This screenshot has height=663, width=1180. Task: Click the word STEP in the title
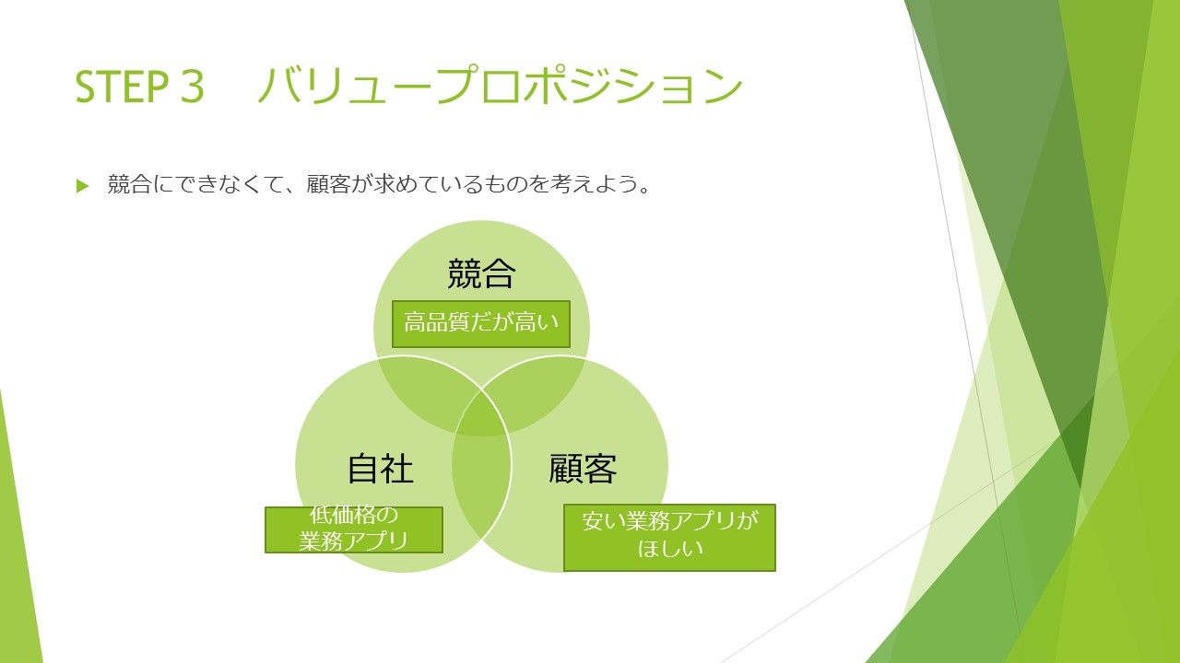[x=122, y=87]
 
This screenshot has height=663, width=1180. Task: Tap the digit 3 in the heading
[x=193, y=87]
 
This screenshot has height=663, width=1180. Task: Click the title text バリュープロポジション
[x=501, y=85]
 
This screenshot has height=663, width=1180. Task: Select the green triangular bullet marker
[x=82, y=186]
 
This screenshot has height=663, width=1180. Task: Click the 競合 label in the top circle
[x=481, y=273]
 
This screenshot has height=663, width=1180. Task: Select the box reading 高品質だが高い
[x=481, y=324]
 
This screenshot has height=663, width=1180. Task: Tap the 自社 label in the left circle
[x=381, y=469]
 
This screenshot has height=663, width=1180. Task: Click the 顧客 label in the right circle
[x=583, y=469]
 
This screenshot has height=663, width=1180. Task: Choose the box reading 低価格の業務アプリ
[x=353, y=529]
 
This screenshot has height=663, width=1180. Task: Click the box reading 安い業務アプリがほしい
[x=669, y=537]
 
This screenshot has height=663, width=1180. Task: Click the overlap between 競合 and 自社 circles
[x=421, y=392]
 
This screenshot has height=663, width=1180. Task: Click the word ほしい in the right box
[x=670, y=549]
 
